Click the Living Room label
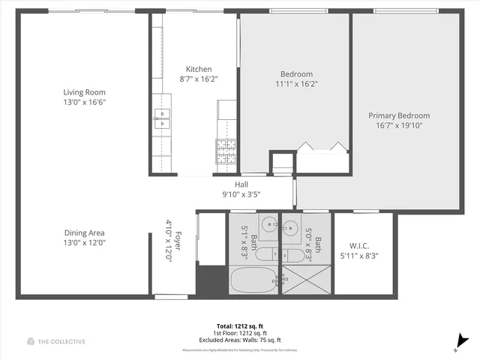point(84,92)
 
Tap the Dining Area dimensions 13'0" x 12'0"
point(84,242)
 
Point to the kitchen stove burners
point(227,151)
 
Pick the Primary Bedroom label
point(398,115)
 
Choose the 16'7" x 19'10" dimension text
point(398,126)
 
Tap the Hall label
point(241,184)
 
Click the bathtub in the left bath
point(253,281)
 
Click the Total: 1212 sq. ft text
point(240,326)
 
